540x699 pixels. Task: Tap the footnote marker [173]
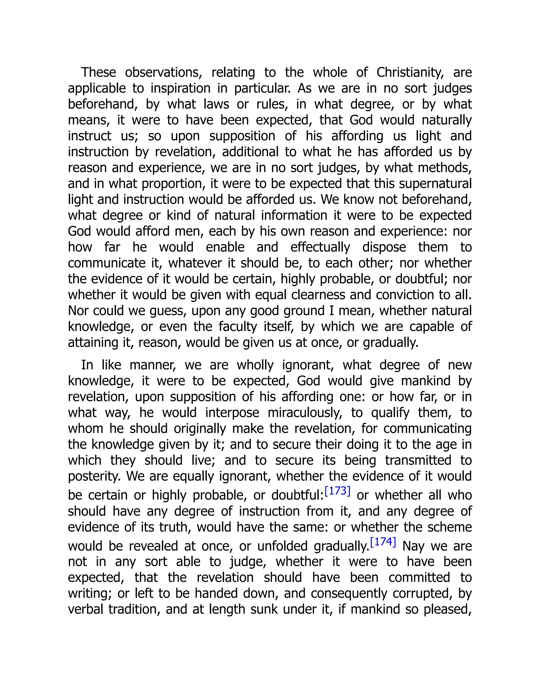337,491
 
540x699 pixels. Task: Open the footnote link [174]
383,542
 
